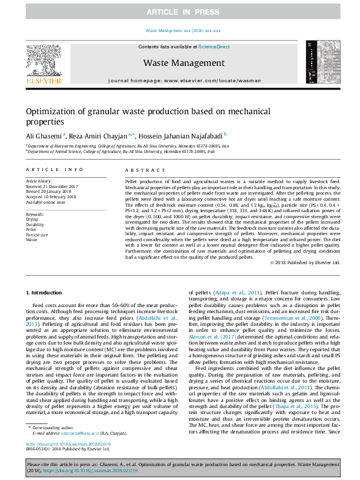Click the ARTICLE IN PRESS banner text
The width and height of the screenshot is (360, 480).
click(180, 12)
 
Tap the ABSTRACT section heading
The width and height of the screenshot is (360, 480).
click(140, 170)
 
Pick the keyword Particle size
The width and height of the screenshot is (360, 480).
click(38, 234)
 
